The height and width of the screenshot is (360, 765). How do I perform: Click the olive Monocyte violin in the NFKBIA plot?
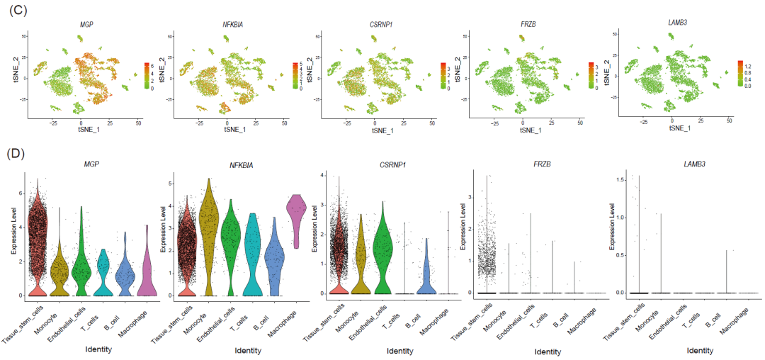(x=210, y=234)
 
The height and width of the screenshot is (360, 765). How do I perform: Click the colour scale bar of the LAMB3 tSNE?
(x=737, y=73)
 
